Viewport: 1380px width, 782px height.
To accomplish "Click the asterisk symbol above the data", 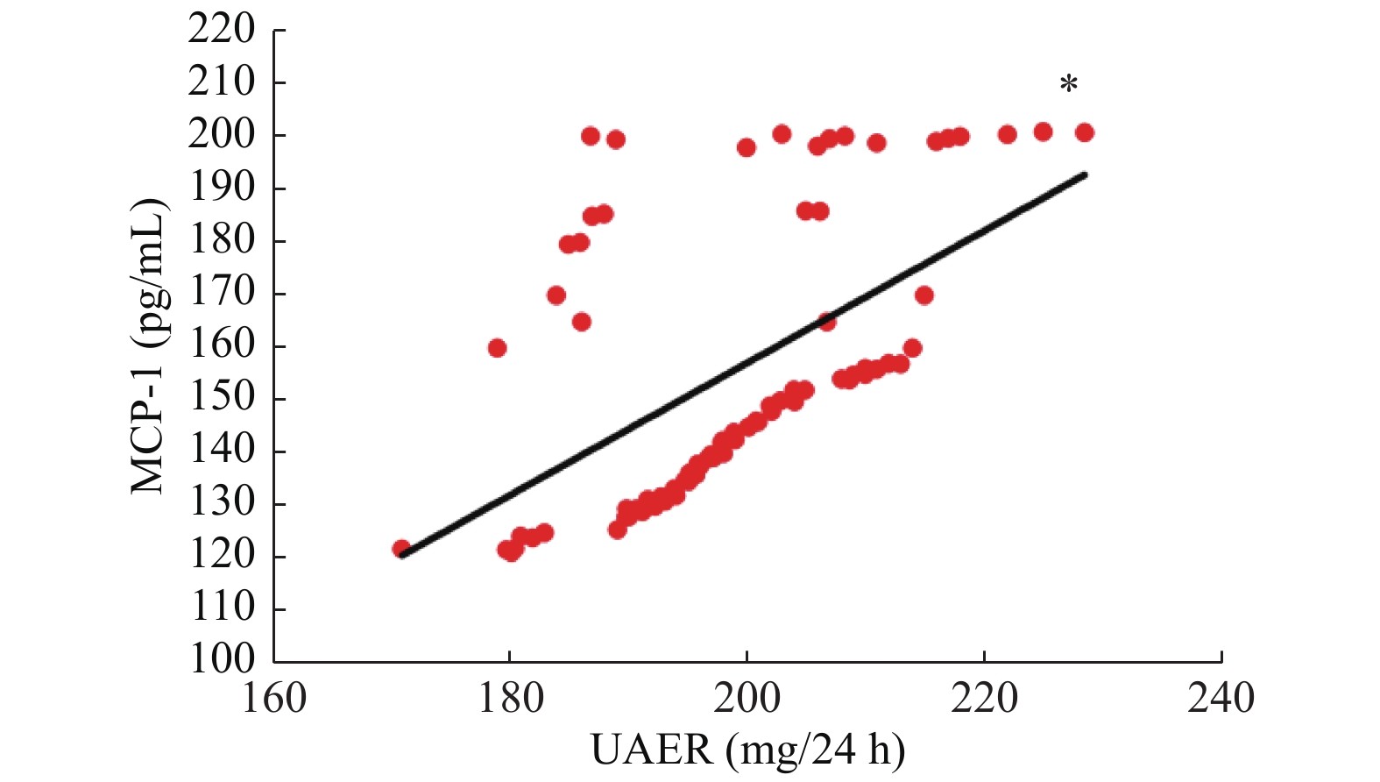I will pyautogui.click(x=1068, y=84).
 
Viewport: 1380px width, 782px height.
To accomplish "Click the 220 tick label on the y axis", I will pyautogui.click(x=221, y=30).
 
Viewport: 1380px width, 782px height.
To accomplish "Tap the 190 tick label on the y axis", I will pyautogui.click(x=221, y=187).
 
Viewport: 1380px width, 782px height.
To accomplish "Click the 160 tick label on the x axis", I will pyautogui.click(x=274, y=699).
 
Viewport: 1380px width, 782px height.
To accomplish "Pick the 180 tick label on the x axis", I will pyautogui.click(x=510, y=699).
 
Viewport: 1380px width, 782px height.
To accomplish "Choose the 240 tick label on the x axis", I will pyautogui.click(x=1221, y=699).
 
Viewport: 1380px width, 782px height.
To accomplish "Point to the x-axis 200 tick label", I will pyautogui.click(x=747, y=699).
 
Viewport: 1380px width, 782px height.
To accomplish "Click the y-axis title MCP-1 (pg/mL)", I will pyautogui.click(x=148, y=346).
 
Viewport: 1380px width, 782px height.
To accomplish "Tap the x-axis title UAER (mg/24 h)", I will pyautogui.click(x=747, y=750).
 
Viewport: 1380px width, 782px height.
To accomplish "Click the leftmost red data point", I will pyautogui.click(x=401, y=549).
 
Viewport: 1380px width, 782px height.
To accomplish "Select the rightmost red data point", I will pyautogui.click(x=1084, y=132).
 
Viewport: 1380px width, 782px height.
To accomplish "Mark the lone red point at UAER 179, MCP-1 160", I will pyautogui.click(x=497, y=348).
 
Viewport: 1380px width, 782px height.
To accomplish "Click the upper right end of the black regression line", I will pyautogui.click(x=1085, y=174).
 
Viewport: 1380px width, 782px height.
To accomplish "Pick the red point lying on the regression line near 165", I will pyautogui.click(x=826, y=322).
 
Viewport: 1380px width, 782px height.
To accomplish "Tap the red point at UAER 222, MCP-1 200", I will pyautogui.click(x=1007, y=134).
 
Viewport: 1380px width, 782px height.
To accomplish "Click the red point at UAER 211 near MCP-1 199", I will pyautogui.click(x=876, y=143).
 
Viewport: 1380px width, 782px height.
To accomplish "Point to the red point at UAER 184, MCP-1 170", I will pyautogui.click(x=556, y=295).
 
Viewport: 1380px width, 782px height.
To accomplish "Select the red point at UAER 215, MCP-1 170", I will pyautogui.click(x=924, y=295).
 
